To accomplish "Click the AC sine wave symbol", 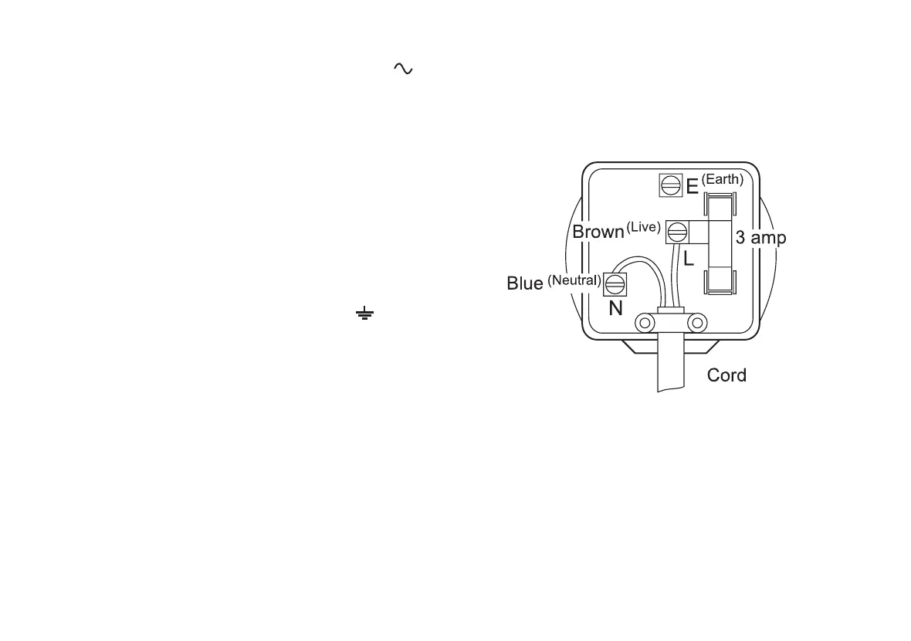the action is tap(403, 69).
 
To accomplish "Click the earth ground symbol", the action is tap(364, 314).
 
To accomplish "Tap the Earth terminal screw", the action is tap(670, 185).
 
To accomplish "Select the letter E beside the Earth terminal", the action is tap(693, 186).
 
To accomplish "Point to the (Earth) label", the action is tap(723, 180).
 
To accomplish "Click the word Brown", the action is tap(598, 232).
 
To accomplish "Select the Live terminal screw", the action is tap(678, 232).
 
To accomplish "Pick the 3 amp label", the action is tap(760, 238).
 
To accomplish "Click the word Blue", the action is tap(525, 283).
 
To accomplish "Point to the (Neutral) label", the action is tap(574, 280).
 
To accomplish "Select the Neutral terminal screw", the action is tap(615, 284).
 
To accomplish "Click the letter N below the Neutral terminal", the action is tap(615, 309).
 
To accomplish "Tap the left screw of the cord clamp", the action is tap(644, 322).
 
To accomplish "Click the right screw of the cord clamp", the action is tap(697, 322).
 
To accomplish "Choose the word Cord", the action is tap(726, 376).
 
